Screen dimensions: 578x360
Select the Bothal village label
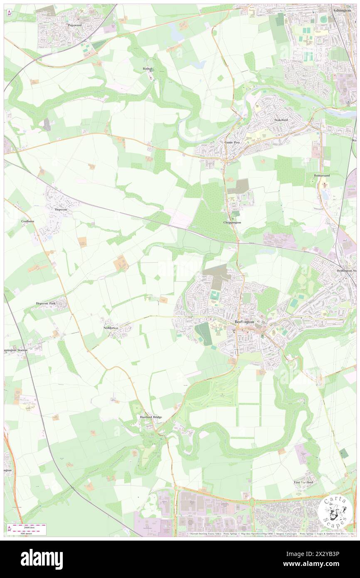coord(148,69)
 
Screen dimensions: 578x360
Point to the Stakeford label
coord(281,120)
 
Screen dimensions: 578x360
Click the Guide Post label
coord(232,142)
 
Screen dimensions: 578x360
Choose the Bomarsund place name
coord(322,175)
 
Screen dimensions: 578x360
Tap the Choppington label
coord(232,222)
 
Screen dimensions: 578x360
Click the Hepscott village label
coord(61,210)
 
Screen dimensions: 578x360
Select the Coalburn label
coord(28,221)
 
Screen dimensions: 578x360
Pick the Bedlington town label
coord(244,322)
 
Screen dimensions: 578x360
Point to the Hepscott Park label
coord(46,304)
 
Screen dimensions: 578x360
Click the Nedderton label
coord(111,328)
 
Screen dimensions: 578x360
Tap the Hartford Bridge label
coord(150,417)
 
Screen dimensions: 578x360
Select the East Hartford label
coord(303,482)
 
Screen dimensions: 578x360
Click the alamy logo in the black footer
coord(42,559)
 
